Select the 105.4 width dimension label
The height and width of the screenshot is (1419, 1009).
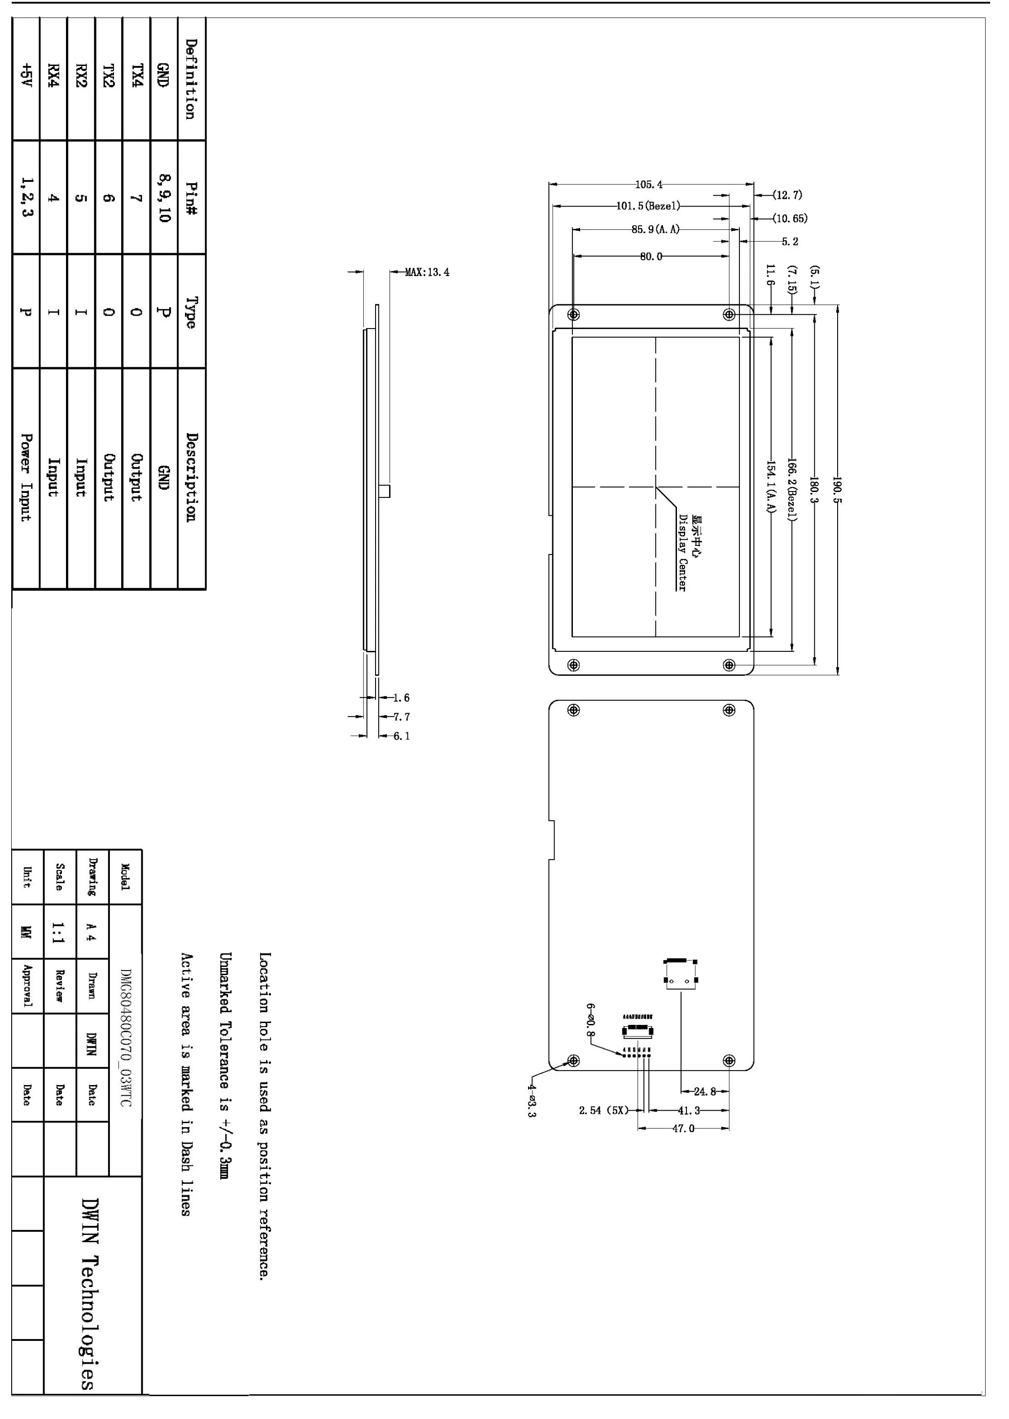pyautogui.click(x=649, y=185)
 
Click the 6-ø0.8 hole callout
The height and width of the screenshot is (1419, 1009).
pyautogui.click(x=590, y=1020)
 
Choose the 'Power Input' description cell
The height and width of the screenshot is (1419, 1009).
pyautogui.click(x=26, y=477)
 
